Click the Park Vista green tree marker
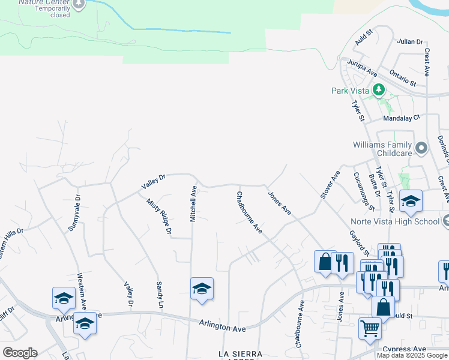coord(379,91)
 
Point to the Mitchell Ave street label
coord(193,204)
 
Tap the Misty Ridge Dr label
coord(160,216)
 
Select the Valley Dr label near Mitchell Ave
coord(153,182)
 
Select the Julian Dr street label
coord(410,41)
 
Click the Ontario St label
coord(402,77)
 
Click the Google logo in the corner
coord(20,353)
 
